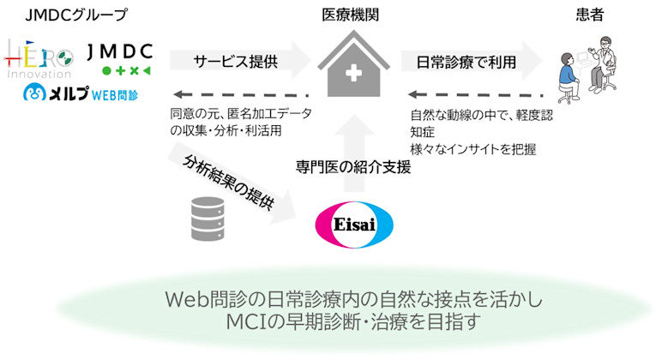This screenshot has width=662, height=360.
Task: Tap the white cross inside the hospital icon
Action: [x=351, y=75]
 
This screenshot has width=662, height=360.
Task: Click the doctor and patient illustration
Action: [x=588, y=68]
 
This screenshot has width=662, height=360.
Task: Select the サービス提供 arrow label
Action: [x=226, y=62]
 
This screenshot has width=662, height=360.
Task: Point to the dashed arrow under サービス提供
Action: [x=240, y=94]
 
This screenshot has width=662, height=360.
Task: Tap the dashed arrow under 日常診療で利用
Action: [x=476, y=94]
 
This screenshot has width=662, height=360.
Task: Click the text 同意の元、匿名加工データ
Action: [x=241, y=114]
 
